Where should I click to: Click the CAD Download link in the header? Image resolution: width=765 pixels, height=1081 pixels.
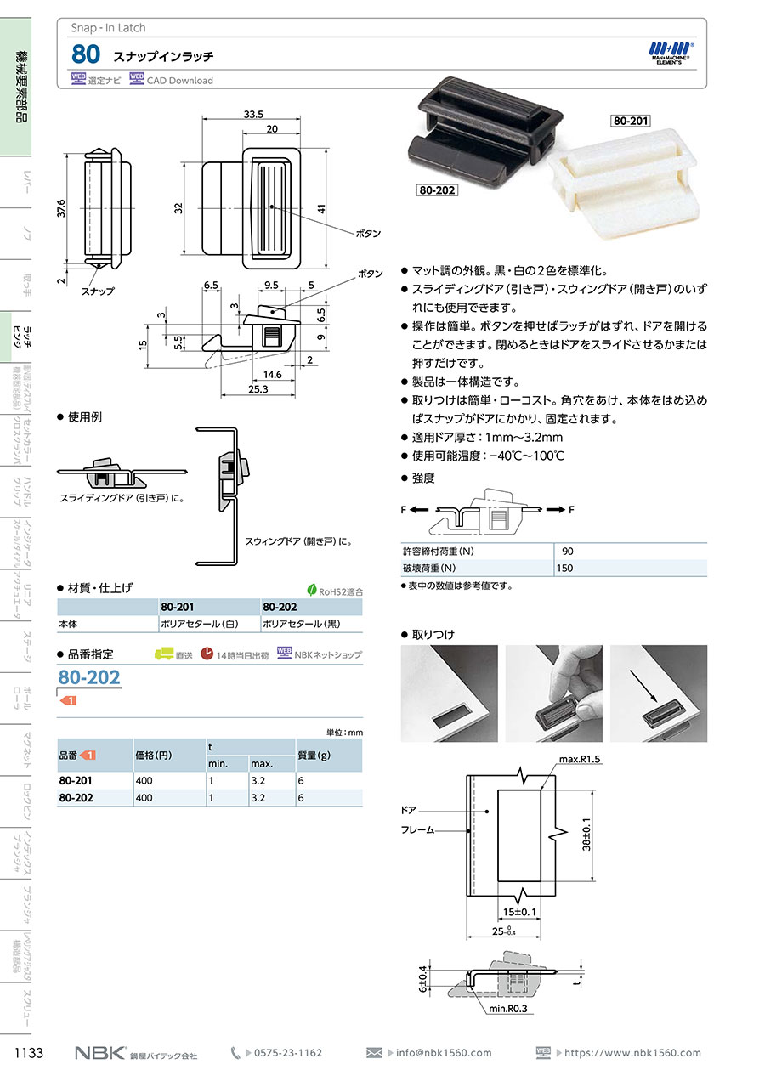click(x=179, y=81)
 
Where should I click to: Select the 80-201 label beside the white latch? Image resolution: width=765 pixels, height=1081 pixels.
click(x=630, y=122)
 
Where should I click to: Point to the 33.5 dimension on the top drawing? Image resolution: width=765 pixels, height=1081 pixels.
click(x=253, y=113)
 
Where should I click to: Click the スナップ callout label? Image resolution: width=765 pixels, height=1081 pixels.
click(x=99, y=291)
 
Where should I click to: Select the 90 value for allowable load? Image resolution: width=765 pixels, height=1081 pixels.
click(x=568, y=552)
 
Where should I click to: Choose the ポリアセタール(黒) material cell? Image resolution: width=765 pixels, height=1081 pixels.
click(x=298, y=624)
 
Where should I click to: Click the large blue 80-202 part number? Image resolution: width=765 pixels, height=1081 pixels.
click(x=89, y=677)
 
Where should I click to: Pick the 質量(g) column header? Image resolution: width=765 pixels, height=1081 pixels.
click(x=313, y=755)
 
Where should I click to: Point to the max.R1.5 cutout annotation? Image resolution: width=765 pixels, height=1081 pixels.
click(x=580, y=758)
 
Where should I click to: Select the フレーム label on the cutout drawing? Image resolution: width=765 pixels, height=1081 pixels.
click(x=417, y=829)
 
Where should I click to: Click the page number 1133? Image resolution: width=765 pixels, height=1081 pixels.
click(x=29, y=1053)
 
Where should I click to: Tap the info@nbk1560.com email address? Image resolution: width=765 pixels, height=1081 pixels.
click(x=444, y=1053)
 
